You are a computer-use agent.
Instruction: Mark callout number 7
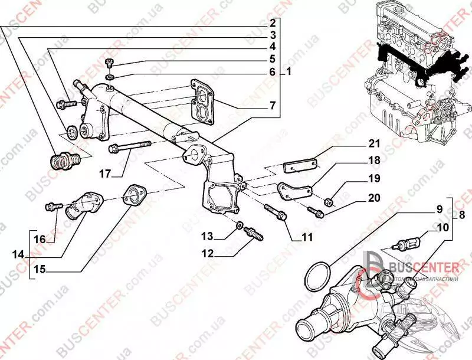(x=273, y=107)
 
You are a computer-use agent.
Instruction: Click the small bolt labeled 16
(x=54, y=207)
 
